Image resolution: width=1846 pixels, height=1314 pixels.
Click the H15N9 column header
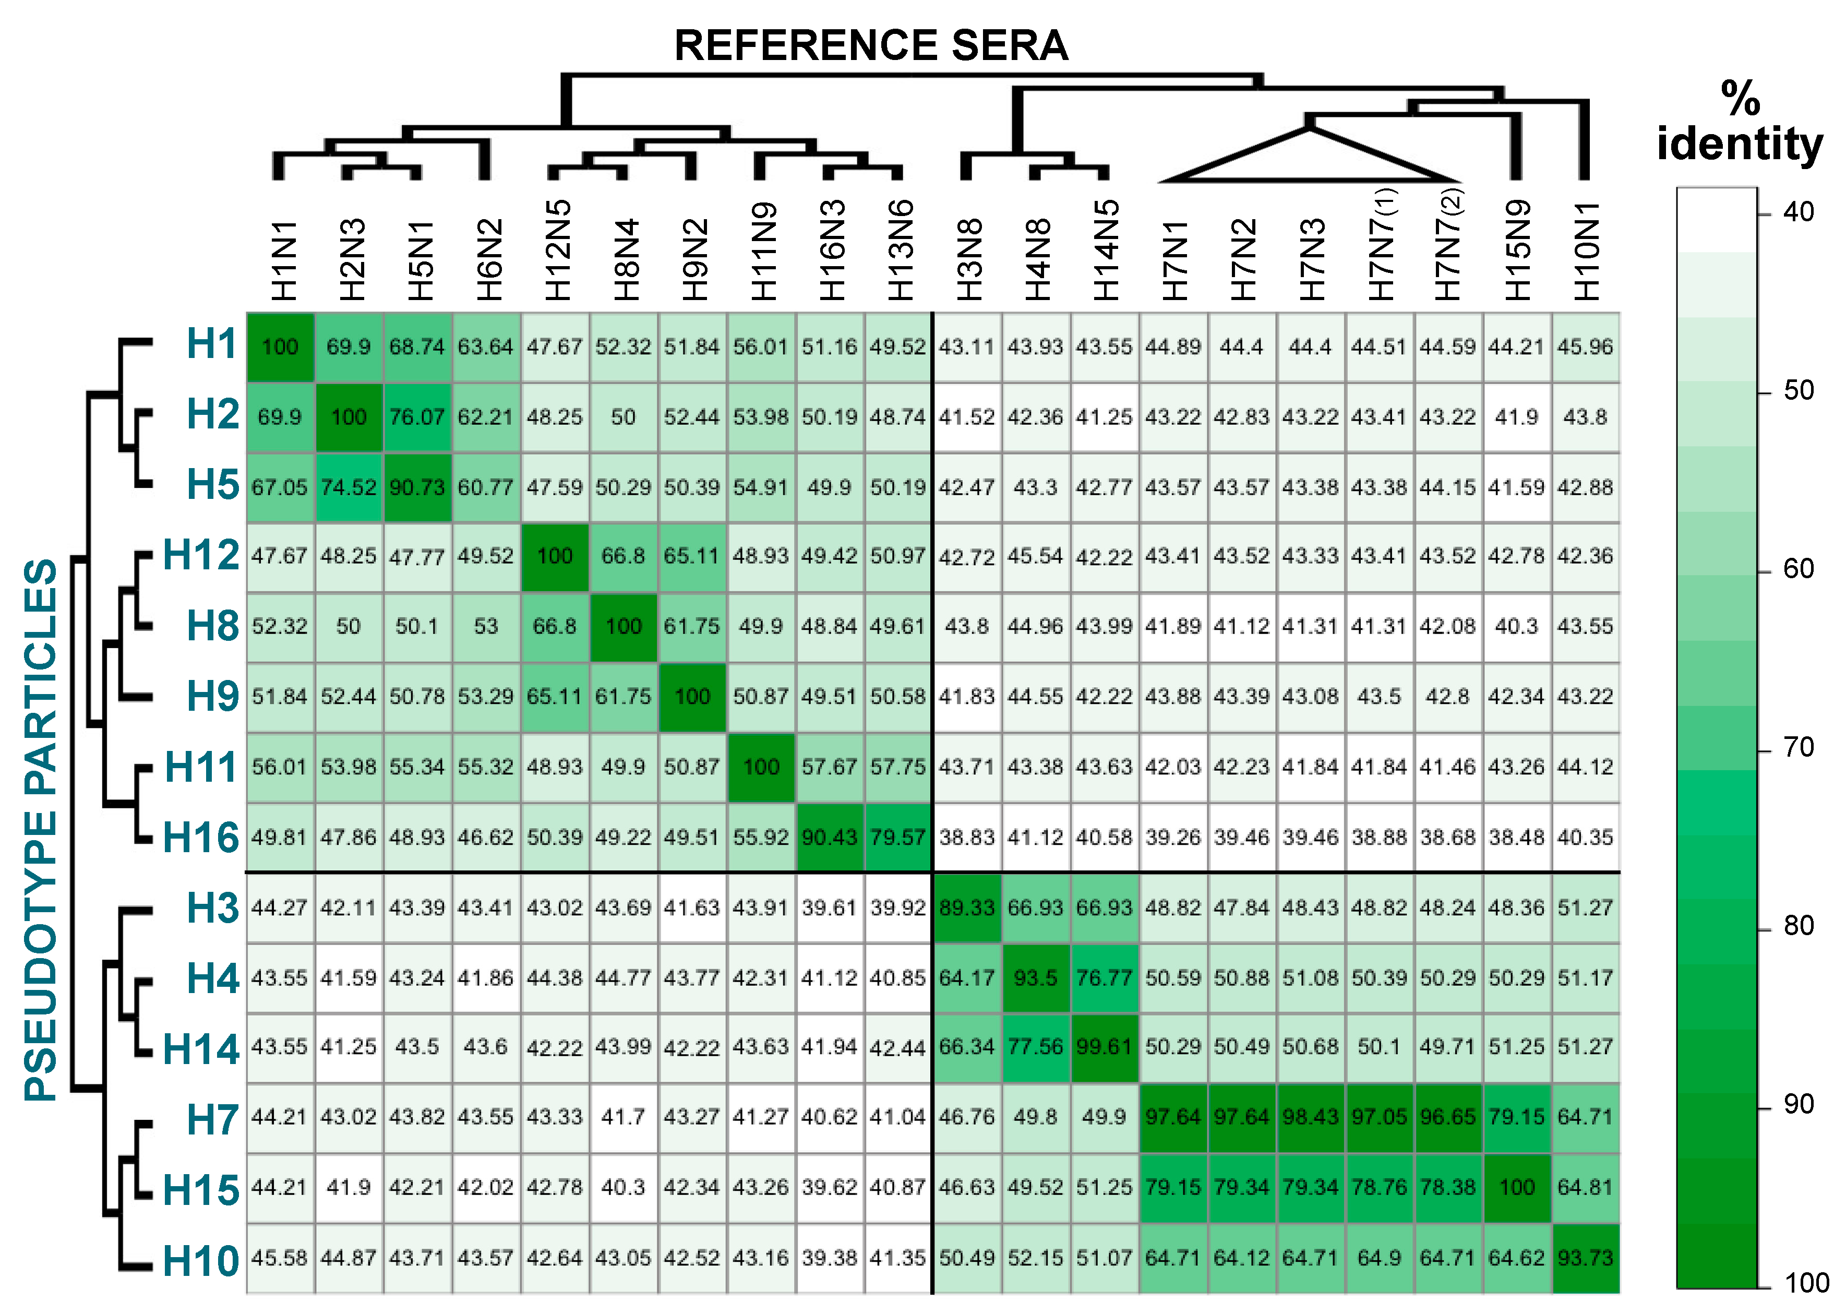(1518, 251)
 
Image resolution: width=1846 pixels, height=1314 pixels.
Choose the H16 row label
(200, 838)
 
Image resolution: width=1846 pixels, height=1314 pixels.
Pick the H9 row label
(212, 696)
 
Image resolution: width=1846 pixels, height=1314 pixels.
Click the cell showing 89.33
(967, 908)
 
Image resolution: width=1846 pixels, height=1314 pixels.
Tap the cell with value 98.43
(1311, 1117)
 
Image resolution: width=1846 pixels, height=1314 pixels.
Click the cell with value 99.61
(1104, 1047)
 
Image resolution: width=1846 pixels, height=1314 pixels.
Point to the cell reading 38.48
(1517, 838)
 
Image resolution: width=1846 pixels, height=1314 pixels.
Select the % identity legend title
(1739, 122)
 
